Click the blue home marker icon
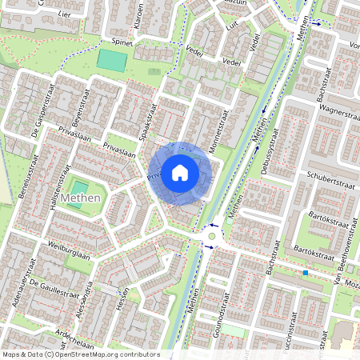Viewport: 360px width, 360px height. (x=180, y=173)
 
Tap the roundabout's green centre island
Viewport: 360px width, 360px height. (x=211, y=236)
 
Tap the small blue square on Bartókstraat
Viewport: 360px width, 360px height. (x=305, y=273)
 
